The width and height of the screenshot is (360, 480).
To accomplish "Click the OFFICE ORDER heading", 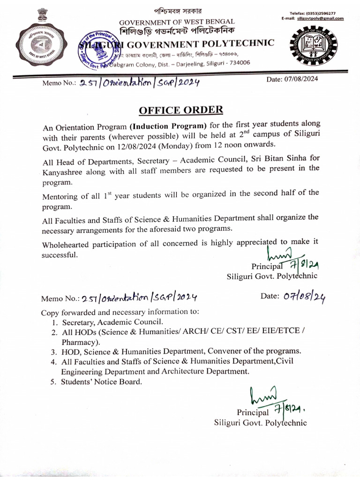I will pos(180,110).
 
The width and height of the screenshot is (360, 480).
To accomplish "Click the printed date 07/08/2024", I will pos(292,79).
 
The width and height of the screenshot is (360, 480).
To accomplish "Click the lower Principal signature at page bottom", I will pos(277,403).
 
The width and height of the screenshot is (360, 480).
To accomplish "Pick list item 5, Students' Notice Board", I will pos(100,382).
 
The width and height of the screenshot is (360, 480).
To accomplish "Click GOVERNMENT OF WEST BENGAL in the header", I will pos(177,22).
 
